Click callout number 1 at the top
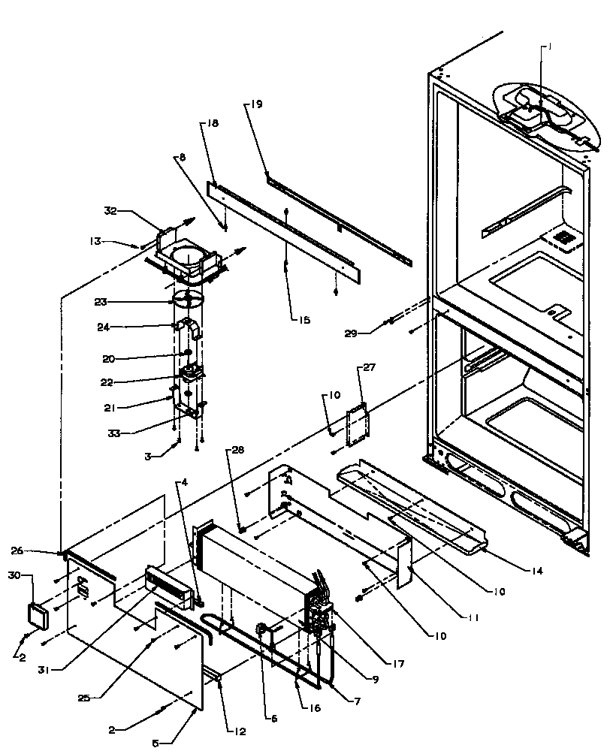(549, 47)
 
